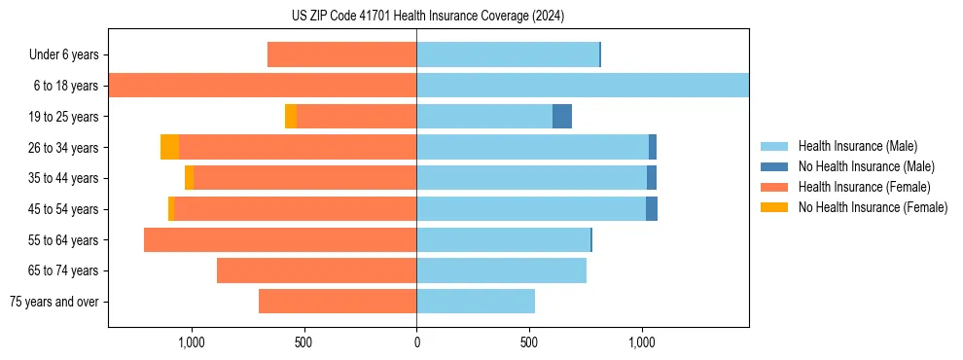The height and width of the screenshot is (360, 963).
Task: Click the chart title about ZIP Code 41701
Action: [x=428, y=16]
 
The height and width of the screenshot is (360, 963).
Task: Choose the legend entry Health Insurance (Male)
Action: [x=857, y=146]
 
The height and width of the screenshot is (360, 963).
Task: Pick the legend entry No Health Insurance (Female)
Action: [x=872, y=207]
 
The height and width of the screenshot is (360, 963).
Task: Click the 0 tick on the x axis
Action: [x=416, y=342]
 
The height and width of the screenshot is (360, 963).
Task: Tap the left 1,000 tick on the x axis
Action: [x=191, y=342]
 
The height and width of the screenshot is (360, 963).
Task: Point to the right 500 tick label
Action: [x=529, y=342]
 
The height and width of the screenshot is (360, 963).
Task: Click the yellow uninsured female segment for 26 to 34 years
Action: [x=169, y=147]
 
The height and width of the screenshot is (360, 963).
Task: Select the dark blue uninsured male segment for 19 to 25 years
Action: [x=562, y=117]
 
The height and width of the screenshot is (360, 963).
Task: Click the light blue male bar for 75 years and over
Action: [x=476, y=302]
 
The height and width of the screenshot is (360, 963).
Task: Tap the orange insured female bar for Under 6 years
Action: [x=341, y=55]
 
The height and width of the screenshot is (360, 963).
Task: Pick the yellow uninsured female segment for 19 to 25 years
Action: [x=291, y=117]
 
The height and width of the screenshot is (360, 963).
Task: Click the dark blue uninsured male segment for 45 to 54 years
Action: [x=652, y=209]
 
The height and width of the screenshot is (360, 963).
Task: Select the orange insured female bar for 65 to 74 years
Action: [x=316, y=270]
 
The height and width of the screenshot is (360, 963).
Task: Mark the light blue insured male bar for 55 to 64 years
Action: [x=503, y=239]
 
